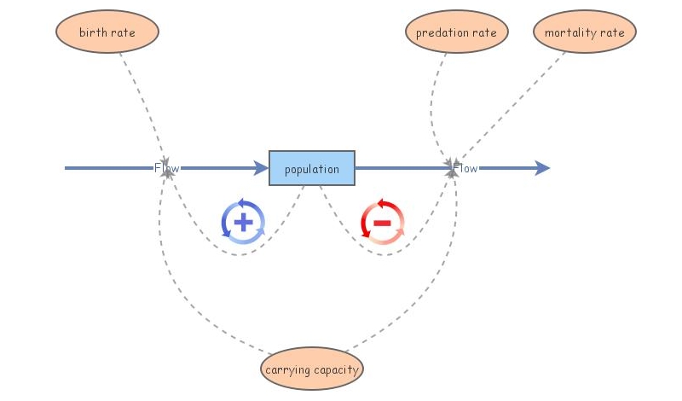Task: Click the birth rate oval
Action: [x=107, y=32]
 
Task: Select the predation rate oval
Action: [x=456, y=32]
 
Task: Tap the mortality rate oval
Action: [x=584, y=32]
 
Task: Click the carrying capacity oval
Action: [x=312, y=369]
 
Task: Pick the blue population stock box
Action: [x=312, y=168]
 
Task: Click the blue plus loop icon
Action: [x=244, y=222]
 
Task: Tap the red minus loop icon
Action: [x=382, y=222]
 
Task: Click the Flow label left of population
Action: [x=167, y=168]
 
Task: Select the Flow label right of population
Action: [x=465, y=168]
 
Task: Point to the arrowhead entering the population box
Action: [x=261, y=168]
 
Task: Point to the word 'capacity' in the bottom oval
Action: [x=336, y=369]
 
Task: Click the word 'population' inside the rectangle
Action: [x=312, y=169]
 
